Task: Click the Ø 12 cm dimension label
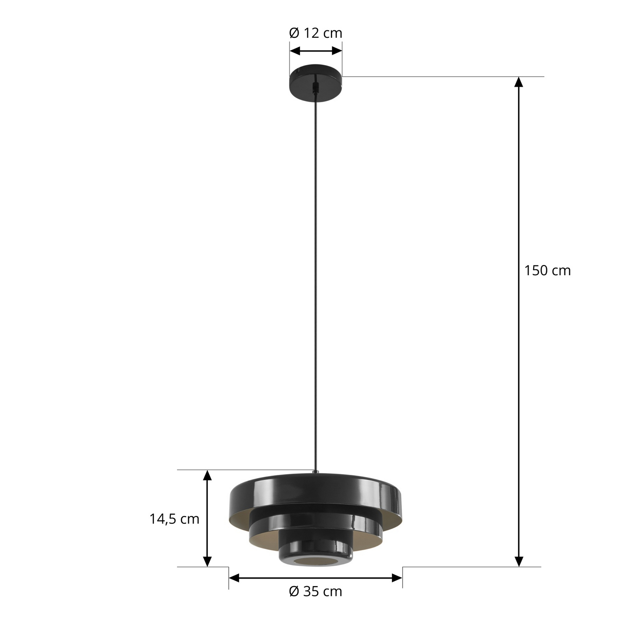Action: pyautogui.click(x=315, y=33)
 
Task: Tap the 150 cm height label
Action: pyautogui.click(x=547, y=271)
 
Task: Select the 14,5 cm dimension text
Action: pyautogui.click(x=174, y=519)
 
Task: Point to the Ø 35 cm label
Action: pyautogui.click(x=315, y=592)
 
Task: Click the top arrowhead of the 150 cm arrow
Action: pyautogui.click(x=519, y=81)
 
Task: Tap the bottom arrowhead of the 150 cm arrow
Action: pyautogui.click(x=519, y=562)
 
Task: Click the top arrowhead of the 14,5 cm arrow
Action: pyautogui.click(x=207, y=475)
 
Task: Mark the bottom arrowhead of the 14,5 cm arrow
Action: pyautogui.click(x=207, y=562)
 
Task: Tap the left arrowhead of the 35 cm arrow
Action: pyautogui.click(x=234, y=578)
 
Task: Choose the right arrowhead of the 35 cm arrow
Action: pyautogui.click(x=397, y=578)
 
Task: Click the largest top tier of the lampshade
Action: pyautogui.click(x=315, y=491)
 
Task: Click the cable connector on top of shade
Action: pyautogui.click(x=315, y=472)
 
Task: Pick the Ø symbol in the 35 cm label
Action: pyautogui.click(x=294, y=592)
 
